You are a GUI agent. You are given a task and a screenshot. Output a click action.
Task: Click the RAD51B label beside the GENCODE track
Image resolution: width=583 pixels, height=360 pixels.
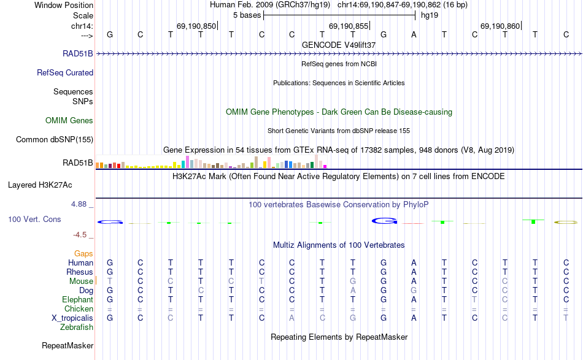click(78, 53)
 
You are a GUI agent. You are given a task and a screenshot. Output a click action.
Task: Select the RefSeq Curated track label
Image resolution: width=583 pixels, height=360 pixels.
click(65, 72)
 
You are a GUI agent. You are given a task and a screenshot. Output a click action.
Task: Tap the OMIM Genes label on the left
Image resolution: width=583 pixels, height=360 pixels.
click(69, 120)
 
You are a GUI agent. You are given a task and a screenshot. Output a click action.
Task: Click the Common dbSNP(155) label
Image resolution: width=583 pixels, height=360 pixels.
click(55, 139)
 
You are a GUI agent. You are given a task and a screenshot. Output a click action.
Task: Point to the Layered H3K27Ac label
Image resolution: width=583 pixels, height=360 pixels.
click(40, 184)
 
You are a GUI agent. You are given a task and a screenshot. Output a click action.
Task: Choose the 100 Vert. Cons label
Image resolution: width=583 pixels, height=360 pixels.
click(34, 219)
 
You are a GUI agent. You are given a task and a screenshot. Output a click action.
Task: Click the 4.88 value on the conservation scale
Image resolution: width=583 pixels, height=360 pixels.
click(81, 204)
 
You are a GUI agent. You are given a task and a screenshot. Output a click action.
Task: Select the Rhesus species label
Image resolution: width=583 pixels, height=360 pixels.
click(80, 272)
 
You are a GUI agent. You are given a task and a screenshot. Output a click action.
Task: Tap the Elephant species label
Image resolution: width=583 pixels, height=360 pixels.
click(77, 299)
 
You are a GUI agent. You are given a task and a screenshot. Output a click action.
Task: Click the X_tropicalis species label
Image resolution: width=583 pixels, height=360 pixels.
click(72, 318)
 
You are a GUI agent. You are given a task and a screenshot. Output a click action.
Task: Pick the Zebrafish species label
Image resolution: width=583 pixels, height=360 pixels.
click(77, 327)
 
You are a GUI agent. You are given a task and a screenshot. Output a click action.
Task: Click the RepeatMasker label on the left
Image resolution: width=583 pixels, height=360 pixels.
click(68, 346)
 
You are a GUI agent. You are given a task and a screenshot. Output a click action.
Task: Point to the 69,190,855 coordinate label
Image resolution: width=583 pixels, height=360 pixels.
click(349, 26)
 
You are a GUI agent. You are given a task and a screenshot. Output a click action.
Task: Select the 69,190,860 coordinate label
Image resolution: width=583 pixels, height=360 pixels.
click(500, 26)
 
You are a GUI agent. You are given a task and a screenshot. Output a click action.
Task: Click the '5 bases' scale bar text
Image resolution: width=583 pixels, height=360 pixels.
click(247, 15)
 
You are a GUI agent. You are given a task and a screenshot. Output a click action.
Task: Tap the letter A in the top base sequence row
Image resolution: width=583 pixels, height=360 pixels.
click(414, 34)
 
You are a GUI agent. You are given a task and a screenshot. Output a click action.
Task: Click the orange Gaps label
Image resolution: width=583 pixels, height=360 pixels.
click(83, 253)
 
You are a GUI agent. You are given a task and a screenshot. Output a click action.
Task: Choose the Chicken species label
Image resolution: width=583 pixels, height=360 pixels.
click(79, 308)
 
